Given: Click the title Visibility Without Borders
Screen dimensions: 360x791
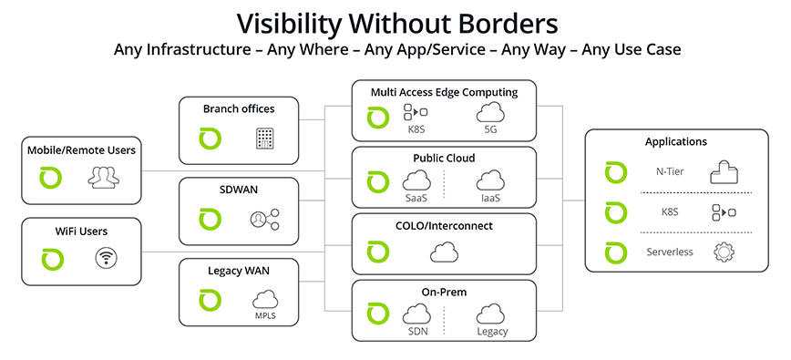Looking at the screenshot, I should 395,21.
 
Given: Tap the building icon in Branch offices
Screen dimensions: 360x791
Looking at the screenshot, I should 264,139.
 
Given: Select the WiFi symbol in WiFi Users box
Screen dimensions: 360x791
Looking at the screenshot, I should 108,259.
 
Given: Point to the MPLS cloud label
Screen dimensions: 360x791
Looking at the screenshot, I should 264,316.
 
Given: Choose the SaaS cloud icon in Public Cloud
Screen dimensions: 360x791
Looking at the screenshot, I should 416,181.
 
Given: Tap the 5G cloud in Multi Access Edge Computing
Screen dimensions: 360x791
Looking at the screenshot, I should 491,114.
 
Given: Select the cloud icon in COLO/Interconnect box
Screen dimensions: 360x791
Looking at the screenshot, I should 444,251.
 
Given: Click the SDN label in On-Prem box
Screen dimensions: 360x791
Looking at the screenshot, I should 416,331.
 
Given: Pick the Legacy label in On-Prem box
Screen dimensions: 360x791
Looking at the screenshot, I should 491,331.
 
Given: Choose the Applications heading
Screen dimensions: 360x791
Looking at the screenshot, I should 675,141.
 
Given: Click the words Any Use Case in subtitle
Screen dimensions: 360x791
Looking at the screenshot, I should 632,49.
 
